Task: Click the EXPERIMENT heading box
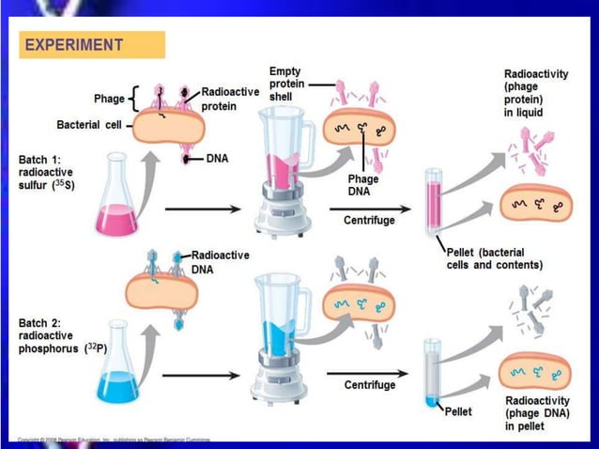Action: (91, 44)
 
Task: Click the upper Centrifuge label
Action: (369, 221)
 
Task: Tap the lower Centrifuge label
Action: (369, 385)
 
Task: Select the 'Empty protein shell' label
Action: (285, 84)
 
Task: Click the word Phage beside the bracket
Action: (109, 99)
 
